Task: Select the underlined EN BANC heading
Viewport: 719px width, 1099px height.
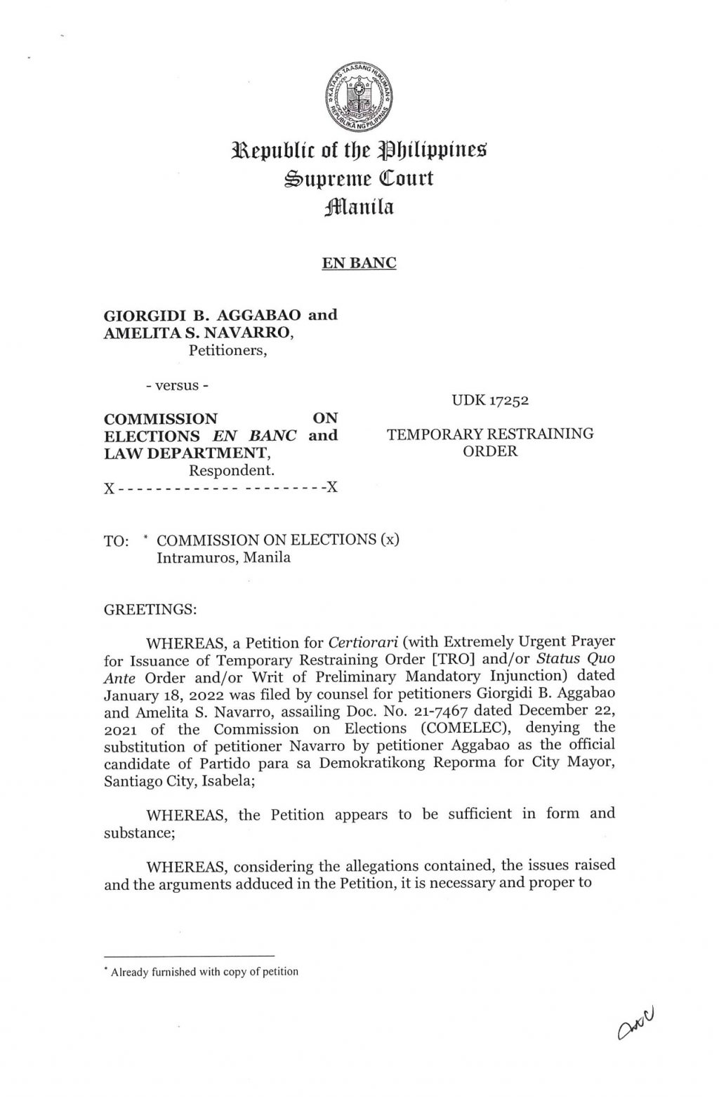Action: [359, 264]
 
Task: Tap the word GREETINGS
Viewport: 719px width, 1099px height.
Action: [150, 609]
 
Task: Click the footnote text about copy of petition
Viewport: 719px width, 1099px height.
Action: [204, 972]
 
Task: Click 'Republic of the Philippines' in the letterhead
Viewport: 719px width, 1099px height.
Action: [359, 149]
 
